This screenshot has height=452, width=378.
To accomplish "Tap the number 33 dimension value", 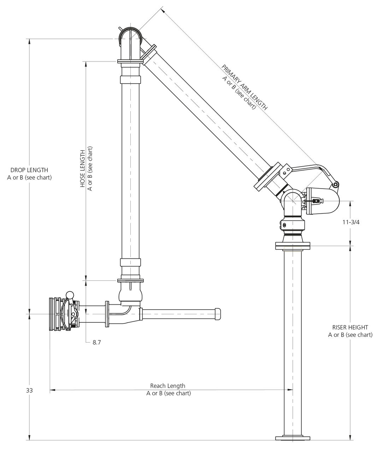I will coord(30,390).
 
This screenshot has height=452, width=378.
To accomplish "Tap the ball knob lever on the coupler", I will coord(70,294).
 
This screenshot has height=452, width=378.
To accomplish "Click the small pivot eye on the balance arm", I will coord(336,184).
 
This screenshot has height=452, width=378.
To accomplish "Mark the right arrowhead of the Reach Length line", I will coord(290,390).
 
